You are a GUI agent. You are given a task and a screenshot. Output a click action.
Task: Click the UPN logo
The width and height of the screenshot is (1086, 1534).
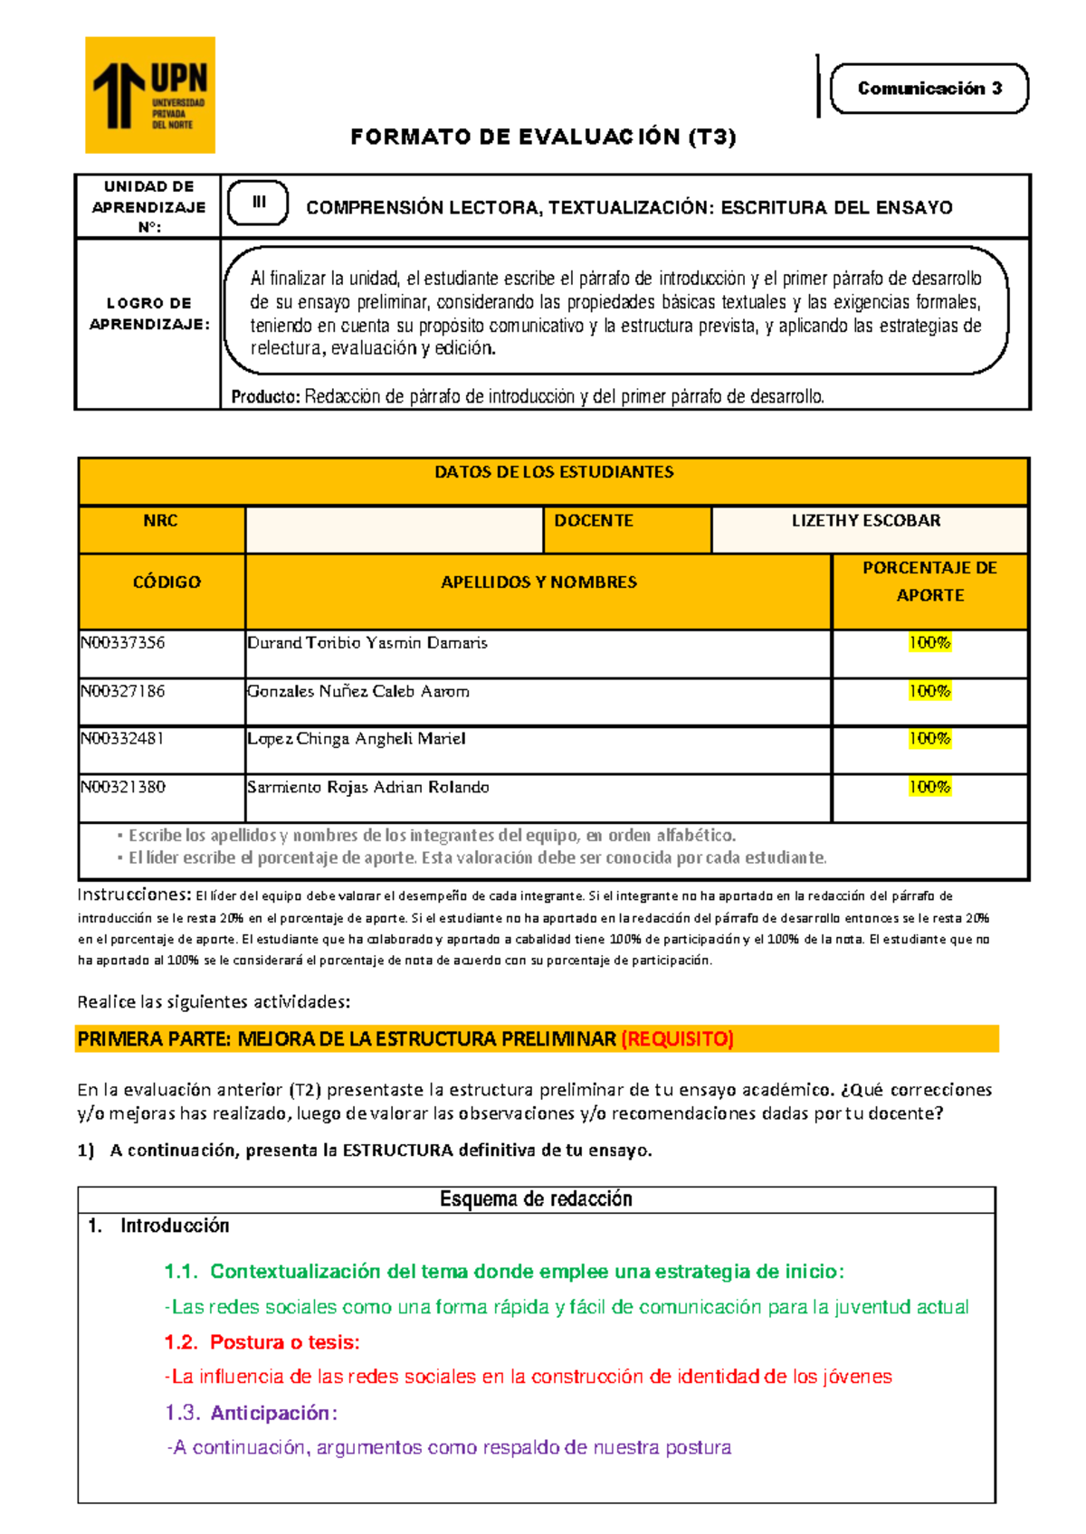click(150, 95)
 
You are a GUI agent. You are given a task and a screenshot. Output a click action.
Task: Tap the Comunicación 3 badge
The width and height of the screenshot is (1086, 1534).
click(929, 89)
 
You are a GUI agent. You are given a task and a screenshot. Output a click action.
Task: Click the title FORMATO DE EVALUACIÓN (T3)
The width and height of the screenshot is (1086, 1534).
click(543, 137)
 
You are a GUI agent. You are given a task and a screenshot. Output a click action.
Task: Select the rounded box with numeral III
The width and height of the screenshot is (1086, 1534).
click(258, 203)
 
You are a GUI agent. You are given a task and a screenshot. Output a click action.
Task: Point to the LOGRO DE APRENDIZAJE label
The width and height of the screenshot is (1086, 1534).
click(149, 314)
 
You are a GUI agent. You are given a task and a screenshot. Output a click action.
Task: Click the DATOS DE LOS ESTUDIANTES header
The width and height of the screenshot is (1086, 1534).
click(554, 472)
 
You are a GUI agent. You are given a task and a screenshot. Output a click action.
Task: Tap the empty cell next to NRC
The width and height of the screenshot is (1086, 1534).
click(394, 529)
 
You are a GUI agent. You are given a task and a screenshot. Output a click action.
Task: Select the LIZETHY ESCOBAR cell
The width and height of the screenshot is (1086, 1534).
click(866, 521)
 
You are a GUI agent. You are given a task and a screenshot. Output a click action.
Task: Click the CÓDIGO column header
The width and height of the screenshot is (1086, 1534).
click(167, 582)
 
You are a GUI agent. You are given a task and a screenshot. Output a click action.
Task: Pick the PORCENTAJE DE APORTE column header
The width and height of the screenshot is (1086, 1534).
click(929, 582)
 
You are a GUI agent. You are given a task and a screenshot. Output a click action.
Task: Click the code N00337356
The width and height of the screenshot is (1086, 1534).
click(123, 643)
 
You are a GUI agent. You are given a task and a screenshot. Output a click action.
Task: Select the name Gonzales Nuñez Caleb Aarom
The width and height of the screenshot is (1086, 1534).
click(358, 692)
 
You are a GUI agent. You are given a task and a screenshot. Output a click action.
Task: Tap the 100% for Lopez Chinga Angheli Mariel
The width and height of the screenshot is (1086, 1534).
click(929, 739)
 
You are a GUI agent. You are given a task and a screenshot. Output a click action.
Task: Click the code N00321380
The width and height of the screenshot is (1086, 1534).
click(123, 787)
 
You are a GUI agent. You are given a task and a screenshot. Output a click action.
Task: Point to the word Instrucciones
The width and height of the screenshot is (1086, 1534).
click(134, 895)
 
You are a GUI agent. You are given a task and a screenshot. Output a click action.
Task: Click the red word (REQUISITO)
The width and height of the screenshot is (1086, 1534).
click(677, 1039)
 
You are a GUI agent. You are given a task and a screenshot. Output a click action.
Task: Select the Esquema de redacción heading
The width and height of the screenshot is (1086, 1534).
click(536, 1199)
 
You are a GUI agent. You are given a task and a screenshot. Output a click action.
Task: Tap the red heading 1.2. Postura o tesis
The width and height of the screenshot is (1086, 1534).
click(262, 1342)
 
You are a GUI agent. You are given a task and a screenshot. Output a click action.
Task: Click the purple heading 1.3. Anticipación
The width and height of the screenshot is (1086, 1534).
click(252, 1413)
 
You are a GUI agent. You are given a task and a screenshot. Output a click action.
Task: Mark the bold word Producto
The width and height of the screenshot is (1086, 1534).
click(265, 397)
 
